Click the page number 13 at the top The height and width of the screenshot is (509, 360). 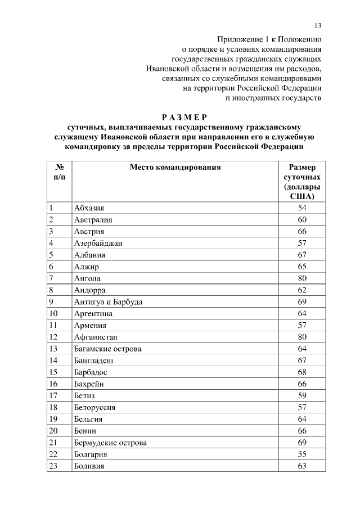tap(318, 26)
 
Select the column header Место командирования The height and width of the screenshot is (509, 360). tap(175, 167)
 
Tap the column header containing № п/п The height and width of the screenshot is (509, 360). tap(58, 172)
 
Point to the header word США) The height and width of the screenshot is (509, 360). tap(302, 196)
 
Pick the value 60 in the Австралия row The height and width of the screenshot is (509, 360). tap(302, 219)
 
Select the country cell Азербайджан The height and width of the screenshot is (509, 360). tap(98, 243)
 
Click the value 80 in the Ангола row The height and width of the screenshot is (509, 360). tap(302, 278)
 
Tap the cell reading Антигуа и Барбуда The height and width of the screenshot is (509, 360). tap(108, 301)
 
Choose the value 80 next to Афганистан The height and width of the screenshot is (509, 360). tap(302, 337)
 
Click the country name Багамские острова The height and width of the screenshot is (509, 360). tap(107, 349)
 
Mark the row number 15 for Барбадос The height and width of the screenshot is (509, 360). tap(54, 372)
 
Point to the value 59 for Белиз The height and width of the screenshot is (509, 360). tap(302, 395)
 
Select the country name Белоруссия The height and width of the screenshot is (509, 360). tap(96, 407)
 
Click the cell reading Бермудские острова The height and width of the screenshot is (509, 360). tap(110, 443)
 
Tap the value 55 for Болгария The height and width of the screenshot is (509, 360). tap(302, 454)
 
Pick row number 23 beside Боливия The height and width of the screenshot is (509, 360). tap(54, 466)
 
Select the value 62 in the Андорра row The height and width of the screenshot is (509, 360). tap(302, 290)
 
